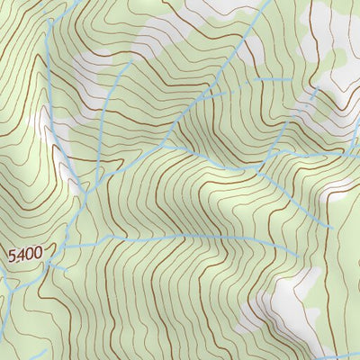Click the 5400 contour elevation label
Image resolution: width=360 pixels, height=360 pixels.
point(25,256)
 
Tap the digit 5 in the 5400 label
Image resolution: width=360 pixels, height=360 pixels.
point(12,256)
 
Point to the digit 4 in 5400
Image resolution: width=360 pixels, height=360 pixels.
point(20,256)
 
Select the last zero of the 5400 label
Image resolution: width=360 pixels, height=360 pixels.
point(37,256)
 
